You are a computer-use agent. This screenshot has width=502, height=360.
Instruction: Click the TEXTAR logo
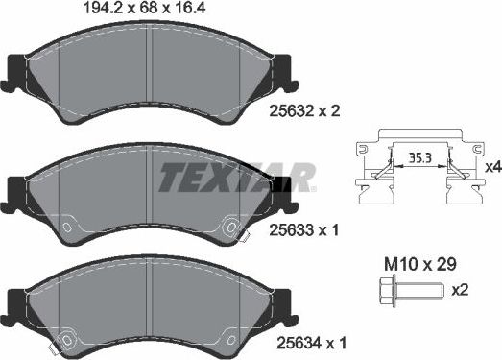point(236,177)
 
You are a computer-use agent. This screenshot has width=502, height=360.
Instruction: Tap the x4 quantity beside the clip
point(491,168)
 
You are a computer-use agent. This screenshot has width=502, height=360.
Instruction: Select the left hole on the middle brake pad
point(64,228)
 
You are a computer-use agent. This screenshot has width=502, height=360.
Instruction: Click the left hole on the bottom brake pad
point(67,339)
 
